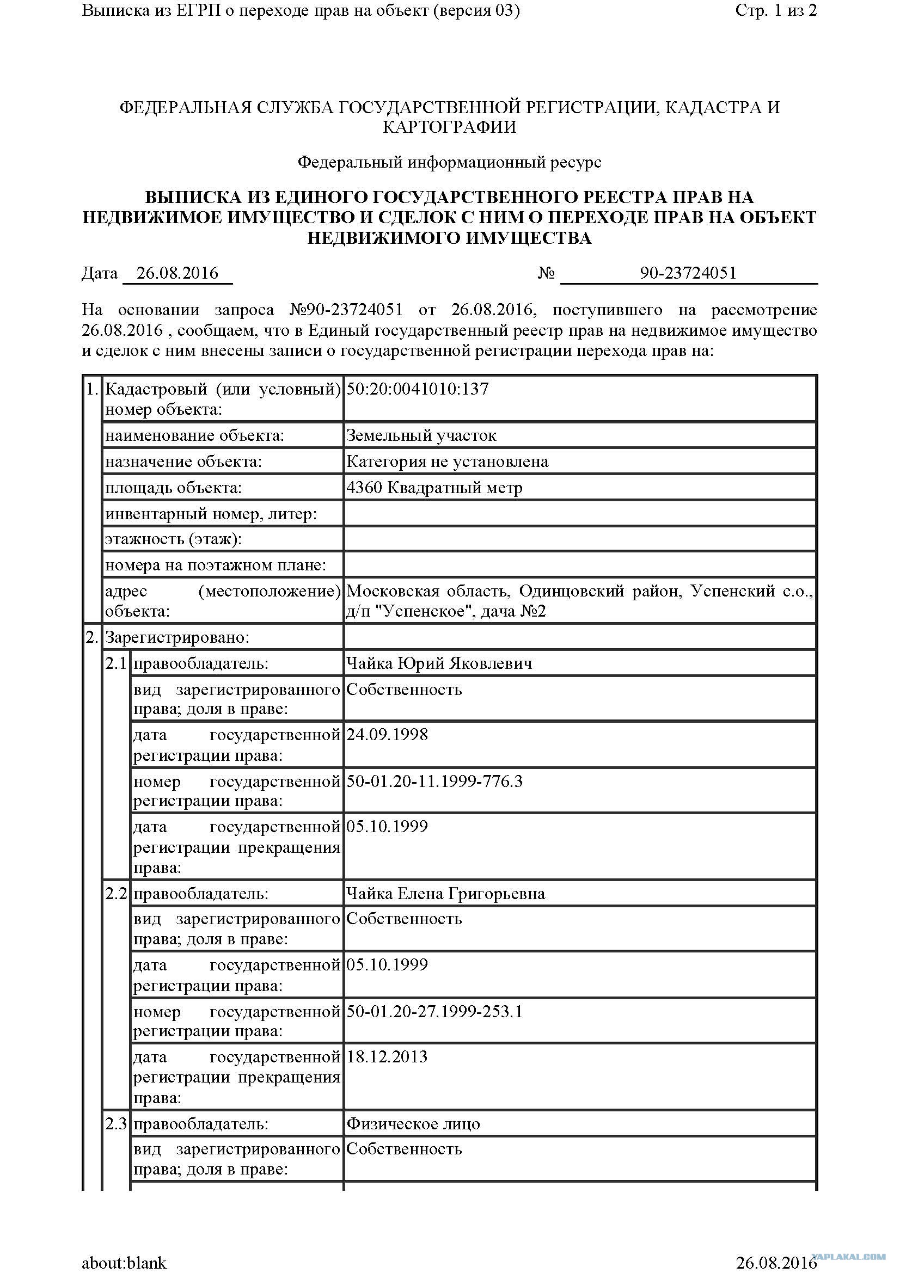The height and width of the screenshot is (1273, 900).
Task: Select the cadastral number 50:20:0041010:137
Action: point(417,389)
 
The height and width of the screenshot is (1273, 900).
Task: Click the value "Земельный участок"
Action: point(421,436)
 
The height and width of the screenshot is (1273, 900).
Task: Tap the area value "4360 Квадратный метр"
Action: point(434,488)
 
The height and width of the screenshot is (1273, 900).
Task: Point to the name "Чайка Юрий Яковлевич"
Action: point(439,663)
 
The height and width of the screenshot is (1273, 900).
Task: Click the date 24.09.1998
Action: point(387,735)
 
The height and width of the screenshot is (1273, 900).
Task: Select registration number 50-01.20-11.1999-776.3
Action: point(434,782)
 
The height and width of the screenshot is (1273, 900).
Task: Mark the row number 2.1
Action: point(116,663)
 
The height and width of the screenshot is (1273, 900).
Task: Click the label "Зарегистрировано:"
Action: point(177,638)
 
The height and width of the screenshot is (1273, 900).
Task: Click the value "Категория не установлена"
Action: point(447,462)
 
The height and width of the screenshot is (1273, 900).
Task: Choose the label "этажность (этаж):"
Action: point(174,539)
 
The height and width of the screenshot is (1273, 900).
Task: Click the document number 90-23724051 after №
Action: point(688,273)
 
